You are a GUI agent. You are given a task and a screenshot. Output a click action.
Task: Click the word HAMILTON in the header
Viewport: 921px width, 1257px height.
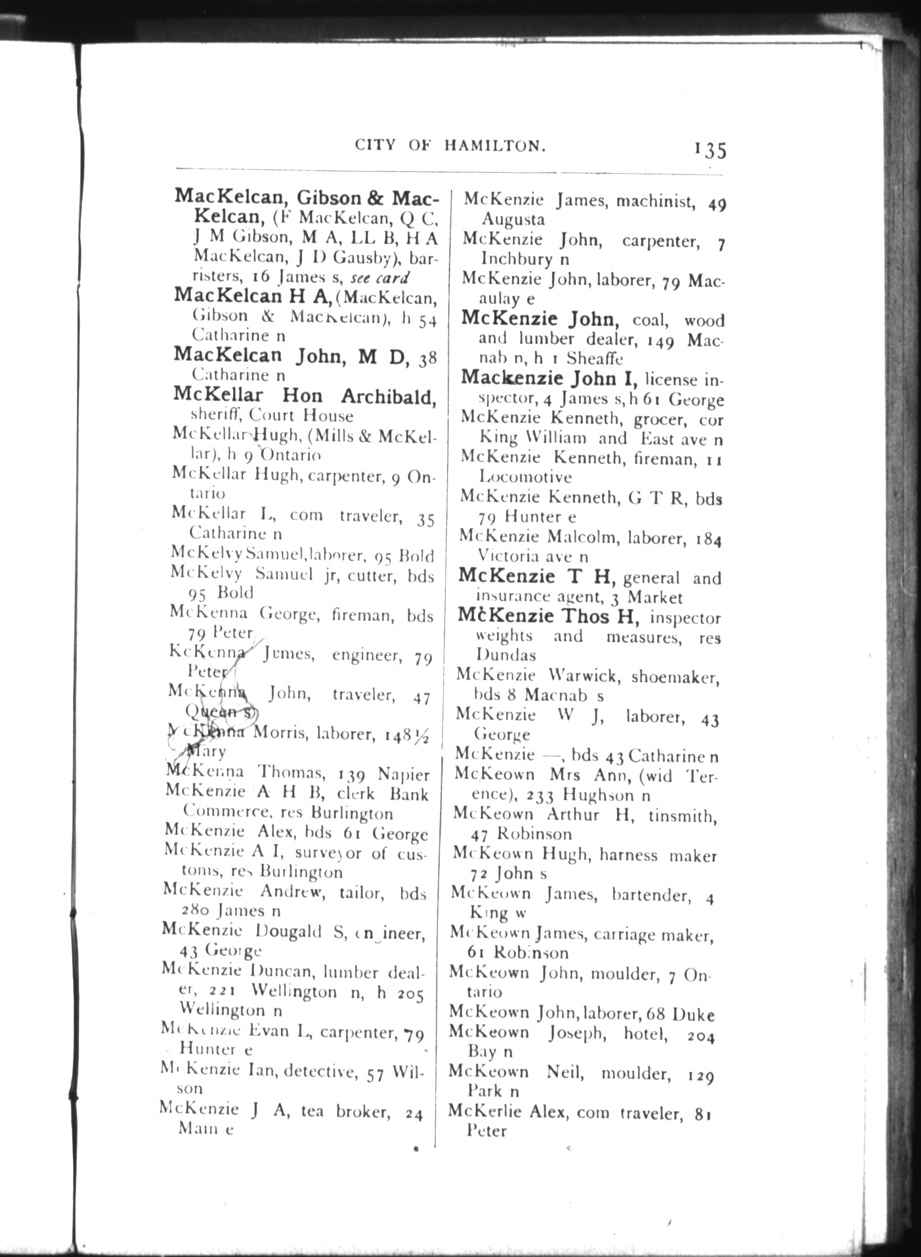(x=495, y=146)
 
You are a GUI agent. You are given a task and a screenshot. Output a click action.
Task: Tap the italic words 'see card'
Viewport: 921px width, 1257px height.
(x=380, y=277)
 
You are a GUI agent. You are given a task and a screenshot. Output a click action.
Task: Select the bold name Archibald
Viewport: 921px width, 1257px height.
(x=388, y=396)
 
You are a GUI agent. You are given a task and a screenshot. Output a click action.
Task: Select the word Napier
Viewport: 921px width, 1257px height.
(x=403, y=774)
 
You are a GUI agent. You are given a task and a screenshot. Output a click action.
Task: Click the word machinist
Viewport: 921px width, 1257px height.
(x=656, y=201)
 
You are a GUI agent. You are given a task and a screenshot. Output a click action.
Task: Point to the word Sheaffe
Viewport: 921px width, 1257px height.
(x=595, y=357)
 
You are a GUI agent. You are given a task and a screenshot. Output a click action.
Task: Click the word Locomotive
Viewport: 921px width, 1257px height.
(x=525, y=477)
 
